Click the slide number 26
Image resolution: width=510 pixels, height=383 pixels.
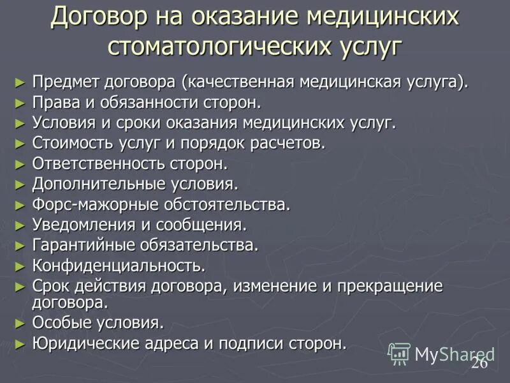[x=479, y=363]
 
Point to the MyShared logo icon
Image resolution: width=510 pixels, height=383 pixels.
[x=400, y=353]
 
